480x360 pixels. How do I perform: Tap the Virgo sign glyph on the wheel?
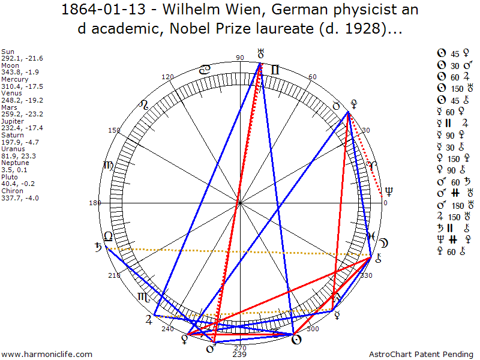tap(108, 166)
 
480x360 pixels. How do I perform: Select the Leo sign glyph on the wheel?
tap(144, 105)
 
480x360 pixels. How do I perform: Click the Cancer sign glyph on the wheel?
tap(205, 70)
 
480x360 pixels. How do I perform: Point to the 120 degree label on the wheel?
tap(168, 77)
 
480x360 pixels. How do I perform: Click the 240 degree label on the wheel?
tap(167, 329)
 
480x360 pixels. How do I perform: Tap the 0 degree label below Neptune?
tap(385, 203)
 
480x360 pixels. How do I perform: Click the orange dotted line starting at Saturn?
tap(240, 251)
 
